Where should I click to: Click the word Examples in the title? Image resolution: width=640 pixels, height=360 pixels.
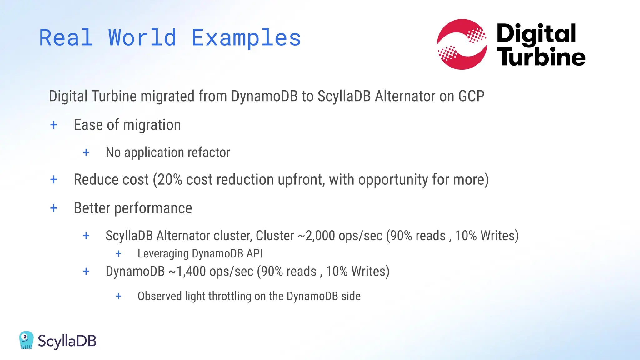(x=246, y=38)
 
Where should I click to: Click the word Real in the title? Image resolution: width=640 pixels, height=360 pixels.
(x=66, y=38)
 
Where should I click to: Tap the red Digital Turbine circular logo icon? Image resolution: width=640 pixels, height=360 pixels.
(x=462, y=44)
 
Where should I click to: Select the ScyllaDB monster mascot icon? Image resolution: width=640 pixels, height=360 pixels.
(x=26, y=340)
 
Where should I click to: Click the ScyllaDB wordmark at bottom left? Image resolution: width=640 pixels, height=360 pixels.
(x=67, y=341)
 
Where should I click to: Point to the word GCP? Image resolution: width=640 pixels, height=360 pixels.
(x=471, y=96)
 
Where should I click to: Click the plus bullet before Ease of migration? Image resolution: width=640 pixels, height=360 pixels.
(x=54, y=125)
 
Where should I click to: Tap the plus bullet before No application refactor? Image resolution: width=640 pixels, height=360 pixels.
(x=86, y=152)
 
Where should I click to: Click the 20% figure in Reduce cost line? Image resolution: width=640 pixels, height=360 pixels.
(x=170, y=180)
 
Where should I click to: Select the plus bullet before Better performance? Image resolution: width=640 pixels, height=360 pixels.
(x=54, y=208)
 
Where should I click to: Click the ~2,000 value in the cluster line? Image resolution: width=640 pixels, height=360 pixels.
(x=317, y=236)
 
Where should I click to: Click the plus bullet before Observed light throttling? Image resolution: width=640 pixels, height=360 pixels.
(x=118, y=296)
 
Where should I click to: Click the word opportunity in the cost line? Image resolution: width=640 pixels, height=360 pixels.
(x=393, y=180)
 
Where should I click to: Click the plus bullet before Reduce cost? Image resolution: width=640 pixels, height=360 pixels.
(x=54, y=180)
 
